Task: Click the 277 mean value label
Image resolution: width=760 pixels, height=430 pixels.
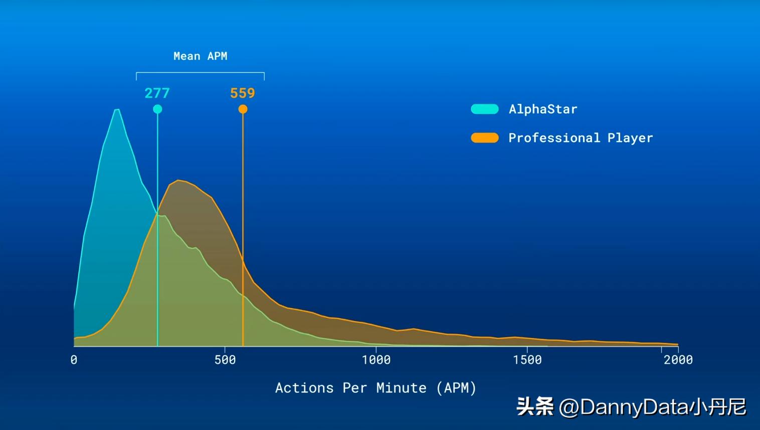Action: tap(157, 93)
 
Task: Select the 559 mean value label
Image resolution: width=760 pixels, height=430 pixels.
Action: tap(243, 93)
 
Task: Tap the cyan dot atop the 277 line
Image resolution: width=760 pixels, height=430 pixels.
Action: tap(157, 109)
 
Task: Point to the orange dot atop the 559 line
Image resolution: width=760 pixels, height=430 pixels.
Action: tap(243, 109)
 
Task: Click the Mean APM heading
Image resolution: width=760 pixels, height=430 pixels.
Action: tap(200, 56)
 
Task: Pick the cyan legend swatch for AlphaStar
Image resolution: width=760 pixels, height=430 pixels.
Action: tap(485, 109)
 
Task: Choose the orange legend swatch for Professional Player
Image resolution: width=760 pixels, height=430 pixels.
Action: tap(485, 138)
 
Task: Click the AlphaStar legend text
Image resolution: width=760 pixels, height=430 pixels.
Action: tap(543, 109)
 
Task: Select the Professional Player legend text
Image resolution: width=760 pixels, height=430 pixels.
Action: tap(581, 138)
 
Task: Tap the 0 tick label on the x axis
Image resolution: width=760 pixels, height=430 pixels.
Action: tap(74, 360)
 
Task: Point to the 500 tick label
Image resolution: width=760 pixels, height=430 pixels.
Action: tap(225, 360)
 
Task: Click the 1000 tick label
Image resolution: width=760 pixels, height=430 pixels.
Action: tap(376, 360)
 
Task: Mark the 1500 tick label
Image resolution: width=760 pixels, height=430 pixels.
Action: tap(527, 360)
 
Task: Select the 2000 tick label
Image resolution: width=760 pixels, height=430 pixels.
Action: tap(678, 360)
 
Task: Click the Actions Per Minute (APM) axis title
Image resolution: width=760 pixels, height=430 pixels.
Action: tap(375, 388)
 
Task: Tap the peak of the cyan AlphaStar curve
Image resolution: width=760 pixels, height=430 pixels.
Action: tap(117, 109)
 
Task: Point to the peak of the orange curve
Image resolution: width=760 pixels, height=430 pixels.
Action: tap(178, 180)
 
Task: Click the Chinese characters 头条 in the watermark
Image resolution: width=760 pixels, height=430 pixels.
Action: tap(535, 406)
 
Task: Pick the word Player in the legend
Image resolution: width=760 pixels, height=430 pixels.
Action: tap(630, 138)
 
